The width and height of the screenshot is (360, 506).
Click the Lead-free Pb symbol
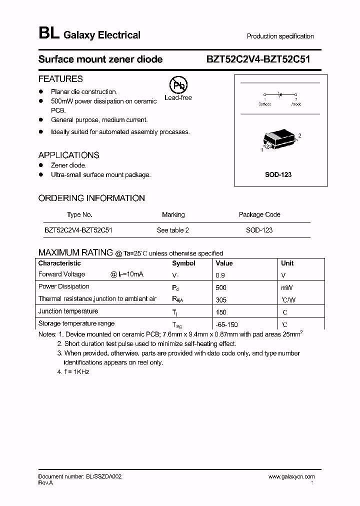(x=177, y=85)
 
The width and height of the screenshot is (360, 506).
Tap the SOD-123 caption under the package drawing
(x=278, y=174)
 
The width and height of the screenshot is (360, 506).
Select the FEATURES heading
(x=60, y=79)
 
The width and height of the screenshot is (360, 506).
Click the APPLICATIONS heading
(x=68, y=155)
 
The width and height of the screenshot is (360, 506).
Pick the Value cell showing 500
(x=221, y=287)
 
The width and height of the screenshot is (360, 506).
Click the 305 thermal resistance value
(x=221, y=300)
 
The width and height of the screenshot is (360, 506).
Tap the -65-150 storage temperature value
(x=226, y=324)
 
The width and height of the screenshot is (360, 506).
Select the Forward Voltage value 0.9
(x=220, y=275)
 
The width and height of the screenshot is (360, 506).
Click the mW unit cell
(x=286, y=287)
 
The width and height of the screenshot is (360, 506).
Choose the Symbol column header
(x=183, y=263)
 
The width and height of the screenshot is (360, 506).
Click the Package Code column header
(x=259, y=214)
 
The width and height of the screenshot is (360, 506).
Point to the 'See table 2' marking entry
(x=172, y=230)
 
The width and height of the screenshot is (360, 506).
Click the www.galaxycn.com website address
(x=291, y=477)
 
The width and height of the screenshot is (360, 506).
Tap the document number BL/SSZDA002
(x=79, y=477)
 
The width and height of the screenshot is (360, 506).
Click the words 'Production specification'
(x=280, y=36)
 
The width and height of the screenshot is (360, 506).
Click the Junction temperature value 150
(x=220, y=312)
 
